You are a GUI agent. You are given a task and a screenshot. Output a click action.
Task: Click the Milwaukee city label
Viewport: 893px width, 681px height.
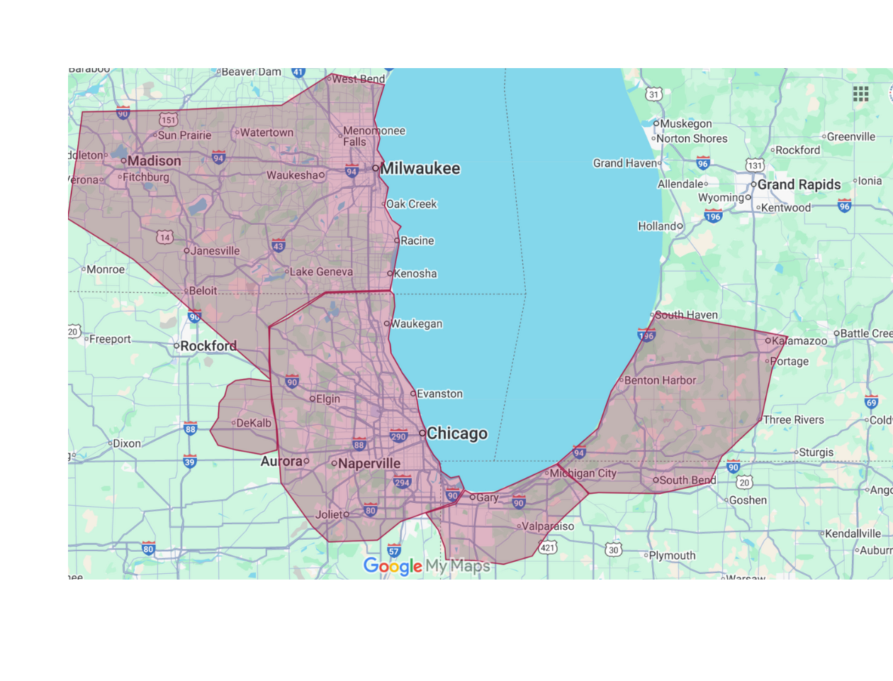[420, 169]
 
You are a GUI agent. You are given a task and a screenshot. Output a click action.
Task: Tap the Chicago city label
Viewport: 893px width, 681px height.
[456, 433]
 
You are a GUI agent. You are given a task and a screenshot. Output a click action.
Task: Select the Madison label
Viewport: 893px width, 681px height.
[154, 161]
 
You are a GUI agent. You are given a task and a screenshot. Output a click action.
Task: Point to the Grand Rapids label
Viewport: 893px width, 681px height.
[799, 184]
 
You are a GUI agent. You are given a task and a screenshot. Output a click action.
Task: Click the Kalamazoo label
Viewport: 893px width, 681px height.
[799, 341]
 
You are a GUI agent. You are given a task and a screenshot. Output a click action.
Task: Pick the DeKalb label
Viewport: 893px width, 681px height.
[253, 423]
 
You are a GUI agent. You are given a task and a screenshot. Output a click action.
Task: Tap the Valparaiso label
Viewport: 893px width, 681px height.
[547, 526]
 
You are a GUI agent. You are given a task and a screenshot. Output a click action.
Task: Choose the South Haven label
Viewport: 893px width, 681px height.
[686, 315]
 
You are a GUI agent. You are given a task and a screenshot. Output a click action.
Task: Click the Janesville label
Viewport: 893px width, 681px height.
[215, 251]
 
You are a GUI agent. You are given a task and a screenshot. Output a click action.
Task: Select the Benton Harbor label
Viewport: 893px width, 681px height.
[660, 380]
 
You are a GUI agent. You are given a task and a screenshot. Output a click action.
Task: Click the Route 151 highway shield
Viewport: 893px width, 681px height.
[168, 120]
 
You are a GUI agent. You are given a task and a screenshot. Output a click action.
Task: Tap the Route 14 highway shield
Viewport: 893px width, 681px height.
[164, 237]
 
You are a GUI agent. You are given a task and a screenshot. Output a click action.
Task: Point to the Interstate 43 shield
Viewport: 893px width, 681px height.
[279, 245]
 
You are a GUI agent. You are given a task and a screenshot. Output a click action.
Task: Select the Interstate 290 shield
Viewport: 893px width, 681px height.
[398, 436]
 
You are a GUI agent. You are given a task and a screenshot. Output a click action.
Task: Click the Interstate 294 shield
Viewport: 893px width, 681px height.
[402, 482]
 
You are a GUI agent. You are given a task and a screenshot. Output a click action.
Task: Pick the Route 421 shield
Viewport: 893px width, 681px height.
[548, 547]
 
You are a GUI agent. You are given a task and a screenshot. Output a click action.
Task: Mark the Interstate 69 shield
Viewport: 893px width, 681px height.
[871, 402]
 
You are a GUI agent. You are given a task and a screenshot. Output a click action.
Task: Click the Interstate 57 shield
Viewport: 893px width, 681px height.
[394, 550]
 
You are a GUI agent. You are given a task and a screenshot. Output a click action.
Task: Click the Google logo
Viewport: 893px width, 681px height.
[393, 566]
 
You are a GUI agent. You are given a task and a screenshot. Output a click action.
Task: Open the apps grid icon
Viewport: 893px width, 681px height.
[860, 94]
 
